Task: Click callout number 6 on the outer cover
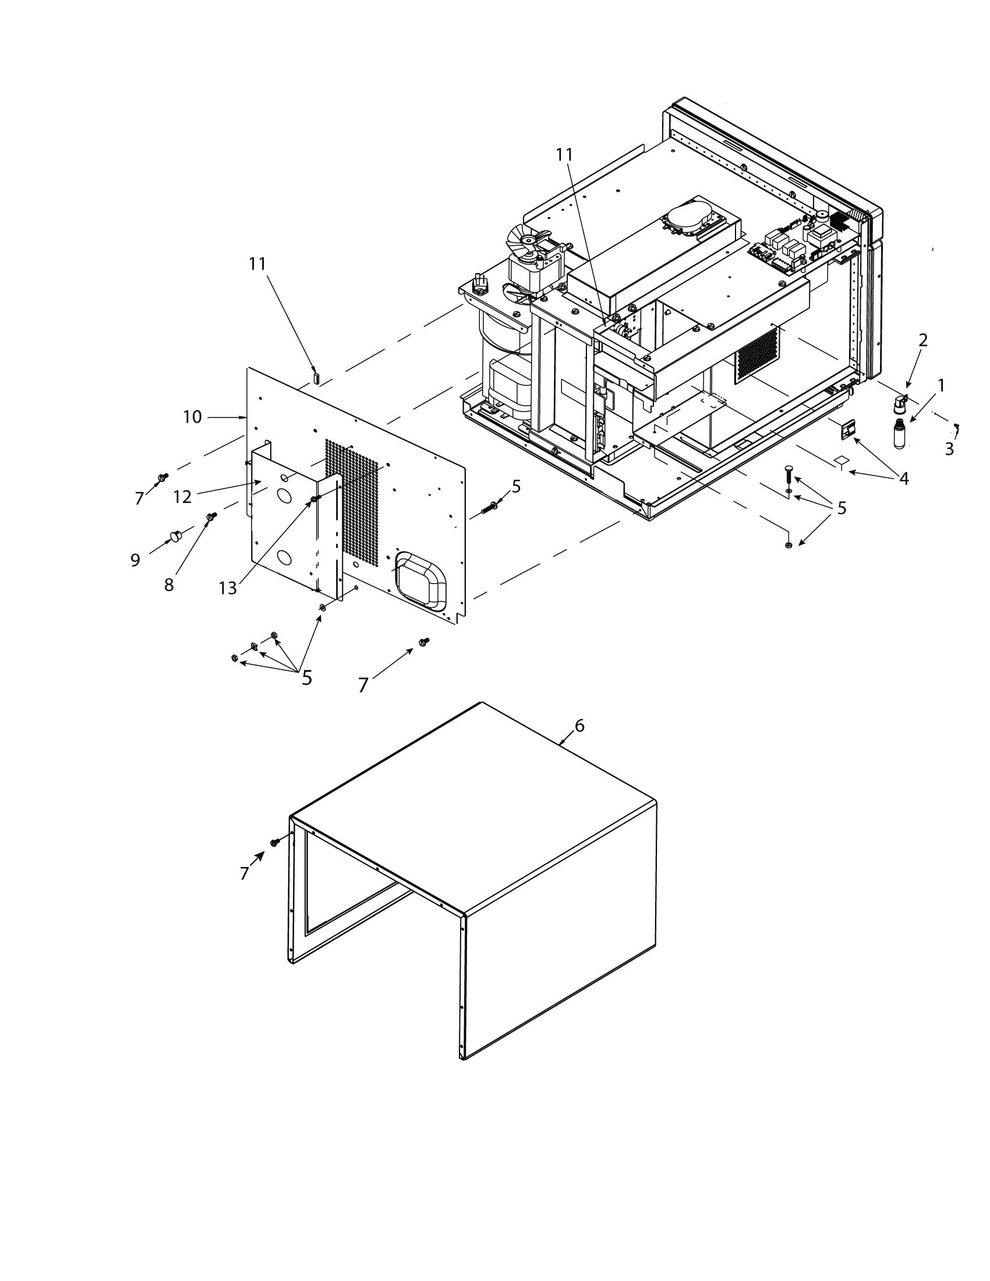tap(579, 726)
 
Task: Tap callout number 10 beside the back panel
tap(192, 417)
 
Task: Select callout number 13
tap(228, 588)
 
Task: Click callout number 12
tap(182, 497)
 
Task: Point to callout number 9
tap(136, 560)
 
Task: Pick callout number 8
tap(169, 585)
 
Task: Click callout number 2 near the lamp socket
tap(922, 340)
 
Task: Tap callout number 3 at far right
tap(949, 449)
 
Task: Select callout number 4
tap(904, 479)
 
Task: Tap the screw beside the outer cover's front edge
tap(274, 843)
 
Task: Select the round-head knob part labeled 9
tap(175, 535)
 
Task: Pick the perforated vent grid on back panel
tap(352, 498)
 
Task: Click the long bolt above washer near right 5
tap(789, 473)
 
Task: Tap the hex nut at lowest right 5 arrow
tap(789, 545)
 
